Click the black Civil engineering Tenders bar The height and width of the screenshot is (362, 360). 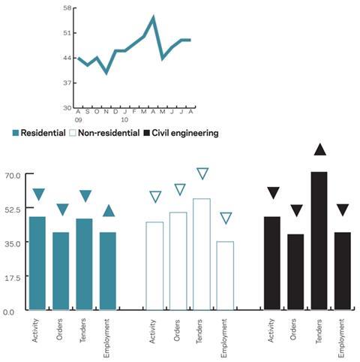319,241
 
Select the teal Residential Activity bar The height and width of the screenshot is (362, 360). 37,264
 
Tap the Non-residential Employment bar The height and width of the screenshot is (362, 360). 225,276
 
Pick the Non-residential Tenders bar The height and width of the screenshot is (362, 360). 202,255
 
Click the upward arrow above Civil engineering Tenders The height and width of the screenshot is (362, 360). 320,150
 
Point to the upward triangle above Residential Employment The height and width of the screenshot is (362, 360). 109,211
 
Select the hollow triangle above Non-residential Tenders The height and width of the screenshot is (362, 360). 202,173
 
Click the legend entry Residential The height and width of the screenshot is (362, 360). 39,133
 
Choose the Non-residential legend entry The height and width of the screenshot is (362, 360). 104,133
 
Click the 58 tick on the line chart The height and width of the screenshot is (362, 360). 67,8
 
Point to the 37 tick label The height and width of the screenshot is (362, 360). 67,83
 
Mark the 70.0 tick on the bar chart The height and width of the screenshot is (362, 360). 13,176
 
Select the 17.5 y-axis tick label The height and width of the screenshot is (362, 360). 13,278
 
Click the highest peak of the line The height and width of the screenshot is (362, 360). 153,17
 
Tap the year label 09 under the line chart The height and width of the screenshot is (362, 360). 78,120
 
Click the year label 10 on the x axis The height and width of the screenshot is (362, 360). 124,120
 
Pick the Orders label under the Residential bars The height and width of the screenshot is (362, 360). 59,329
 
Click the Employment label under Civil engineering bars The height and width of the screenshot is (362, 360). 341,338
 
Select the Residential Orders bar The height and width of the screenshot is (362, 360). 61,271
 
